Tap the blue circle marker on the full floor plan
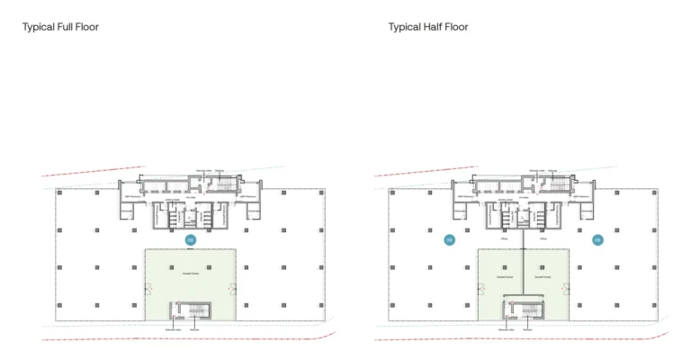click(190, 239)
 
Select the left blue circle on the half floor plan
click(449, 239)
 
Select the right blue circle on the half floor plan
click(597, 239)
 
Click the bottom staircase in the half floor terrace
click(523, 311)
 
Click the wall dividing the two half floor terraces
click(523, 270)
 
